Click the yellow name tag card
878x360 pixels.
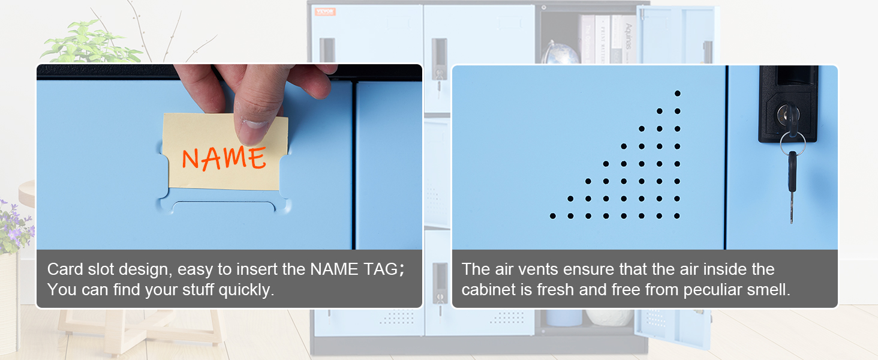click(x=225, y=154)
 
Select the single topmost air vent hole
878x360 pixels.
click(x=677, y=93)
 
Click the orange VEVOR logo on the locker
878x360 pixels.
click(x=324, y=12)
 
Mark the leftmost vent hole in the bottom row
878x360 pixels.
click(x=552, y=216)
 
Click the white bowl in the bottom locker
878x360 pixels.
click(x=609, y=317)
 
